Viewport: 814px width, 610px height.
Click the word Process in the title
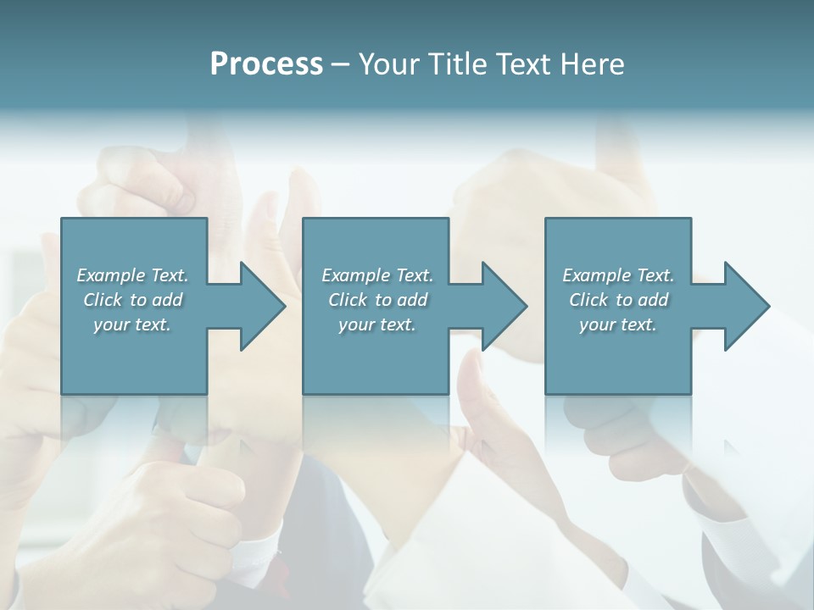point(266,64)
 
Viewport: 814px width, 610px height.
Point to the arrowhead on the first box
point(259,306)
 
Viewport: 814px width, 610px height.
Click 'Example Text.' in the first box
point(132,275)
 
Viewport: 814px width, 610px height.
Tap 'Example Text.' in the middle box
point(377,275)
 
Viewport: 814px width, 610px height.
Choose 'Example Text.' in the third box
point(618,275)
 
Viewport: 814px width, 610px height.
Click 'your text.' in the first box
point(132,324)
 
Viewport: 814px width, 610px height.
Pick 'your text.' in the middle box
point(377,324)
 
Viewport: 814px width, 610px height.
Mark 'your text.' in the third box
point(618,324)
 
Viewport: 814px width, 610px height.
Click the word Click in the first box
point(103,300)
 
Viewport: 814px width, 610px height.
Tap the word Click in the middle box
point(348,300)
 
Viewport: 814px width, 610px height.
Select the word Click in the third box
point(588,300)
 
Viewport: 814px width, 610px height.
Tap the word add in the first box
point(166,300)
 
